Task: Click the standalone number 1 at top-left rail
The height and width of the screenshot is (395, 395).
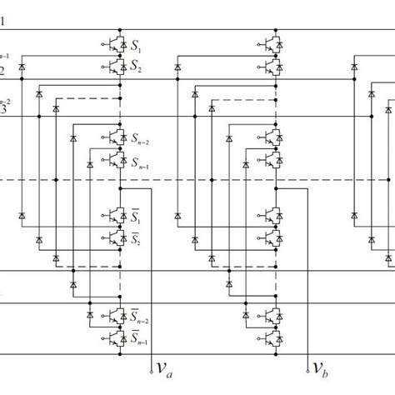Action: click(2, 23)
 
